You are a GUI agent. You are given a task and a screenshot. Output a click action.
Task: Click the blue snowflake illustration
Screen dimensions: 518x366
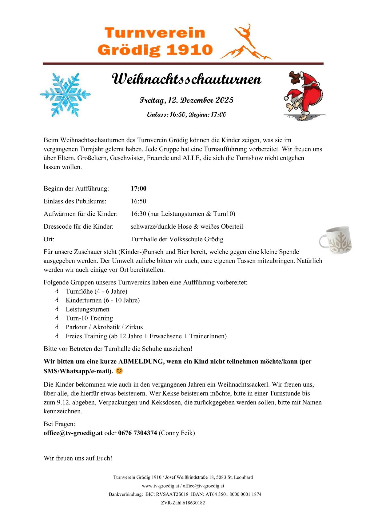tap(65, 94)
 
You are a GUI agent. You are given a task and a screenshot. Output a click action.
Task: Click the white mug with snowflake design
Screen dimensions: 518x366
tap(336, 240)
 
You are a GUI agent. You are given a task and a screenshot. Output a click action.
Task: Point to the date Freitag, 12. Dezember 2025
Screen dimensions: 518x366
tap(186, 100)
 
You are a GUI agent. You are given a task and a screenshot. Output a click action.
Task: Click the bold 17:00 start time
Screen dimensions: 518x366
tap(138, 188)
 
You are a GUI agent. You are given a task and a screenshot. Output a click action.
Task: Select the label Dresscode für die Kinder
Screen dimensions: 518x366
tap(78, 227)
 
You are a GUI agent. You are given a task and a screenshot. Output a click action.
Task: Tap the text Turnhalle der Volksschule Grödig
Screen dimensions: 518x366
tap(177, 239)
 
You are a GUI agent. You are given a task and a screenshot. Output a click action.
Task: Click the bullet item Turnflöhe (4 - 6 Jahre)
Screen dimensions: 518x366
tap(96, 291)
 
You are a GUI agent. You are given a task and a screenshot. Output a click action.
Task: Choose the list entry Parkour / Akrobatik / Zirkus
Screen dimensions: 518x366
tap(104, 327)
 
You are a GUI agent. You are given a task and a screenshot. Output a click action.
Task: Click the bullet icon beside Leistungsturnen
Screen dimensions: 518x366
tap(57, 309)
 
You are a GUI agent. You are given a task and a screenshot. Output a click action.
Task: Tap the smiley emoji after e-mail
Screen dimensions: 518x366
tap(119, 371)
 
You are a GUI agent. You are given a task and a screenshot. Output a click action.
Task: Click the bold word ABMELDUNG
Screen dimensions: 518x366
tap(141, 361)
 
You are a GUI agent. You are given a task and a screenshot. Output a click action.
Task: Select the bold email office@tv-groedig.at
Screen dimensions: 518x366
tap(73, 433)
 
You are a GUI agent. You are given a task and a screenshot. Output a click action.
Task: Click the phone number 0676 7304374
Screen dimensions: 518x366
tap(137, 433)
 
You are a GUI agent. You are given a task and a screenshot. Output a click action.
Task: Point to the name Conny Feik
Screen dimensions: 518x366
tap(177, 433)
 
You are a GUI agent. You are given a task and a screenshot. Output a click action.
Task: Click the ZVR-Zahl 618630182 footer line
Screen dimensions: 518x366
tap(183, 503)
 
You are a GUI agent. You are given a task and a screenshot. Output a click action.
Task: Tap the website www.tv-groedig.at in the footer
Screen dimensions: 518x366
tap(160, 486)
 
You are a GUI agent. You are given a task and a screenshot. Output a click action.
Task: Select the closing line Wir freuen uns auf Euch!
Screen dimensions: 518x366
tap(78, 458)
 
